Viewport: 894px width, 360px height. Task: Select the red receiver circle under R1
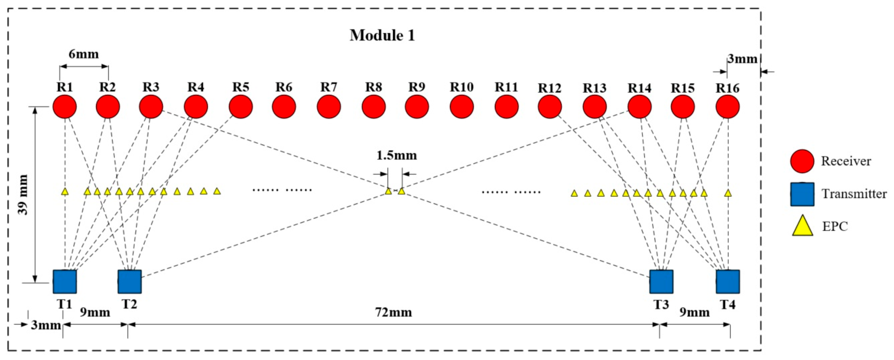(x=64, y=107)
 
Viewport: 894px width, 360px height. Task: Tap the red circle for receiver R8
(x=373, y=107)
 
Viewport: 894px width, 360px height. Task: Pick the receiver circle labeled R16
(x=728, y=107)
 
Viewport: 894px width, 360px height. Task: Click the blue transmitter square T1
(x=64, y=282)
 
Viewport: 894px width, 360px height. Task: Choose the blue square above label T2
(x=129, y=282)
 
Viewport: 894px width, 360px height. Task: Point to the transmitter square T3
(x=661, y=282)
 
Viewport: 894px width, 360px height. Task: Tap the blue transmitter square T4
(x=728, y=282)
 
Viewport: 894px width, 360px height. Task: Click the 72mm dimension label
(x=393, y=312)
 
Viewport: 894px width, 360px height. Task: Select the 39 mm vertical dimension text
(x=23, y=195)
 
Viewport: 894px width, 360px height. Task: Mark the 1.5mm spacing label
(x=396, y=155)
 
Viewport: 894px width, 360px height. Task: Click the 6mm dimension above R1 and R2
(x=84, y=54)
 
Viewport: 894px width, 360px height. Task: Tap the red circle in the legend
(x=802, y=161)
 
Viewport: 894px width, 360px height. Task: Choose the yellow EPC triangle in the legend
(x=802, y=226)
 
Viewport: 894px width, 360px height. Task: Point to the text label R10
(x=461, y=87)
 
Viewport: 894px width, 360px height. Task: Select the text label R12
(x=550, y=88)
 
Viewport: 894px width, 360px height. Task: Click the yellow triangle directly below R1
(x=64, y=192)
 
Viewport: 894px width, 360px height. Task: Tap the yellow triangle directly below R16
(x=728, y=193)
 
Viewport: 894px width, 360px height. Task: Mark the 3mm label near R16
(x=742, y=59)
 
